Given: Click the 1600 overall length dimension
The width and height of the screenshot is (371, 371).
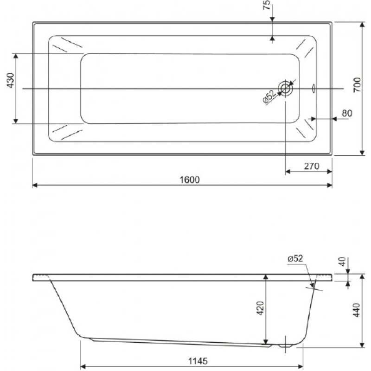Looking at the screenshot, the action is pyautogui.click(x=190, y=180).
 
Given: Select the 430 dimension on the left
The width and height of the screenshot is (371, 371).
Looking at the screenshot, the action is pyautogui.click(x=11, y=80).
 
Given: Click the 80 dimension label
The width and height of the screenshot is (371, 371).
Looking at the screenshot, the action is pyautogui.click(x=347, y=113).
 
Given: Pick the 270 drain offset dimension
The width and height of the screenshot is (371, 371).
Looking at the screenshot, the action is pyautogui.click(x=312, y=166).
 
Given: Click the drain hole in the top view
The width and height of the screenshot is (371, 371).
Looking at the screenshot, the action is pyautogui.click(x=286, y=89).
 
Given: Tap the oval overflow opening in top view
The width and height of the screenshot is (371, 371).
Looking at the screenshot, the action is pyautogui.click(x=314, y=89).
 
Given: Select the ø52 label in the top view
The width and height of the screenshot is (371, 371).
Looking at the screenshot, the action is pyautogui.click(x=269, y=97).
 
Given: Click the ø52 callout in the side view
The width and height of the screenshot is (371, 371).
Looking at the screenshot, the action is pyautogui.click(x=295, y=259).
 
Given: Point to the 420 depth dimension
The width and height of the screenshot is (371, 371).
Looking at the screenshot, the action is pyautogui.click(x=260, y=308).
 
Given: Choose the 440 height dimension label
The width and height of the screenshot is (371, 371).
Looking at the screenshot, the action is pyautogui.click(x=357, y=310).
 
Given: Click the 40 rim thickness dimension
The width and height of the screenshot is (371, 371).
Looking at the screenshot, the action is pyautogui.click(x=343, y=262).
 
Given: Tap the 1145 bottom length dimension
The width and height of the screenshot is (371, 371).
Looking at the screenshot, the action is pyautogui.click(x=198, y=361).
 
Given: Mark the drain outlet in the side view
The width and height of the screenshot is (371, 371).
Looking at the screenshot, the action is pyautogui.click(x=286, y=345).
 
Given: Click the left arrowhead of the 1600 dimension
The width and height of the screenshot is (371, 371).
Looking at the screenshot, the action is pyautogui.click(x=35, y=185).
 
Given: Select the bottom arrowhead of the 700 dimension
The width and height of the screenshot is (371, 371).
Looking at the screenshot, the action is pyautogui.click(x=362, y=153).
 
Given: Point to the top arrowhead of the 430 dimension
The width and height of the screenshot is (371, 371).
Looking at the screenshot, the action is pyautogui.click(x=16, y=56).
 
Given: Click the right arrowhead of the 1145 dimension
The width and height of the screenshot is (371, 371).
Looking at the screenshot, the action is pyautogui.click(x=300, y=367).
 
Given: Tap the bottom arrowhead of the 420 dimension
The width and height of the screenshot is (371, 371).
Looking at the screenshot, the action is pyautogui.click(x=266, y=342).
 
